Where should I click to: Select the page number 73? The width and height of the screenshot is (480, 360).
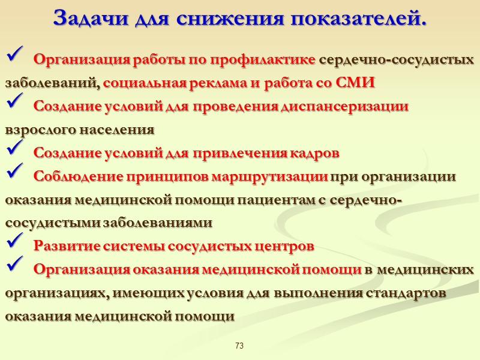coord(239,346)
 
